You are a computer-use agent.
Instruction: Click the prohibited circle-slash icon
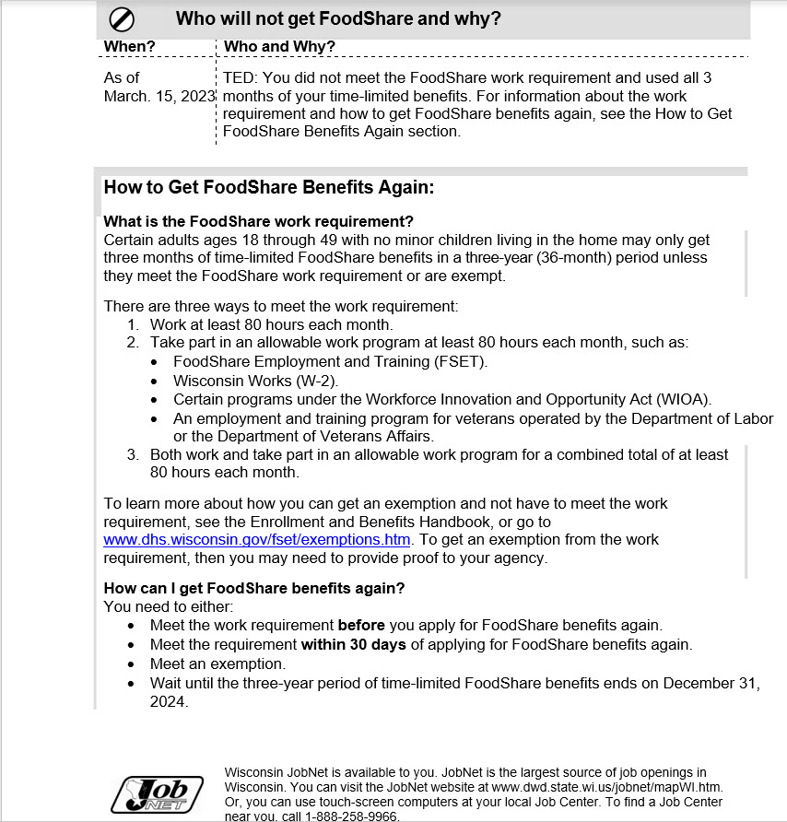tap(123, 18)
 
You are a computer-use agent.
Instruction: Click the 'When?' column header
tap(129, 47)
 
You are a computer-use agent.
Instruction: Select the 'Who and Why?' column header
tap(279, 47)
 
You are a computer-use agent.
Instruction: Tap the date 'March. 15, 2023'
tap(159, 96)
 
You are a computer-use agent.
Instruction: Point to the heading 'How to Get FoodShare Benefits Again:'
tap(268, 188)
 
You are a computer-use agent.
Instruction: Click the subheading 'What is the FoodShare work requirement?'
tap(258, 222)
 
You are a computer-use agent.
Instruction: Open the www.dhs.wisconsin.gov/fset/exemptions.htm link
tap(257, 540)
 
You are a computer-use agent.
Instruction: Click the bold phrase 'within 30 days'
tap(353, 644)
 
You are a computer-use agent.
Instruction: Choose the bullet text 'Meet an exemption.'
tap(217, 663)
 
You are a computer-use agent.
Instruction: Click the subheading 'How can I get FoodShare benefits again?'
tap(254, 588)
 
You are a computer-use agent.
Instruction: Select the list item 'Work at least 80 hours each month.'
tap(272, 324)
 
